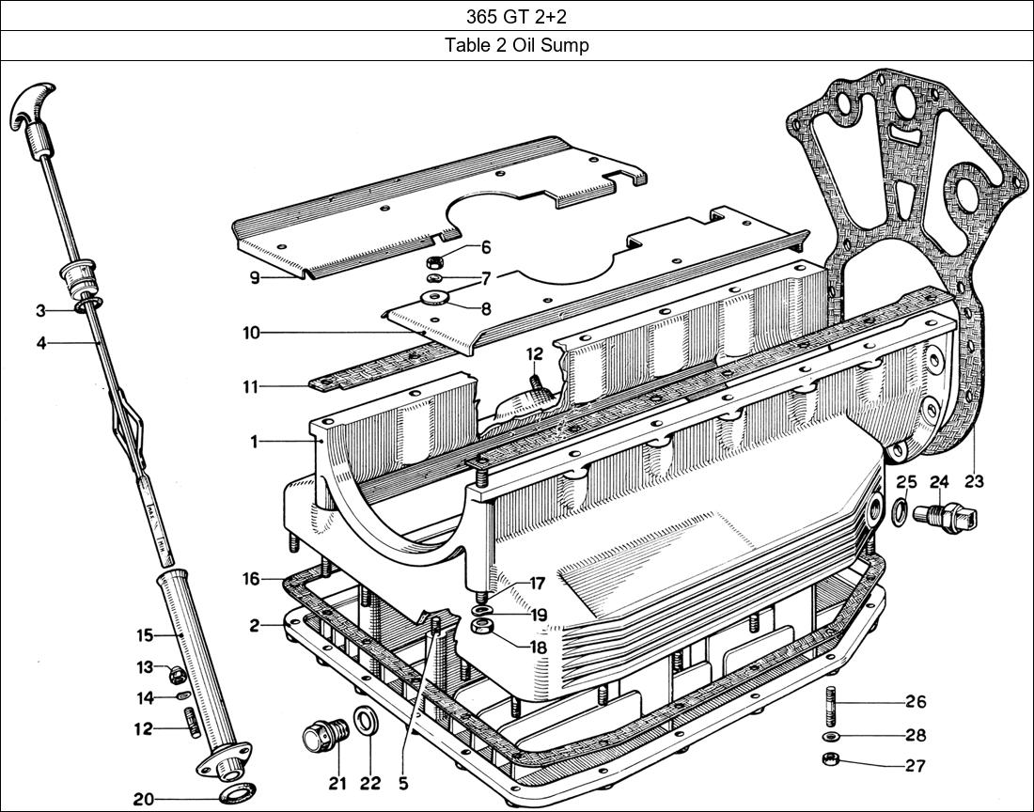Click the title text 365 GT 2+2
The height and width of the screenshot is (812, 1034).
pos(516,16)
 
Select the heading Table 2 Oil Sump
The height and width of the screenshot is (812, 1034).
pos(516,46)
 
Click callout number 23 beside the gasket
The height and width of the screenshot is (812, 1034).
pos(974,481)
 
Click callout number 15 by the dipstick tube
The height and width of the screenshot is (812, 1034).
pos(144,636)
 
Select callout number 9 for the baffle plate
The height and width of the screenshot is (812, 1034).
pos(254,278)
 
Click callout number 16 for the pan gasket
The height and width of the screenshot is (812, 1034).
pos(251,579)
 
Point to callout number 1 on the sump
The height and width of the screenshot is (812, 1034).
pos(254,441)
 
